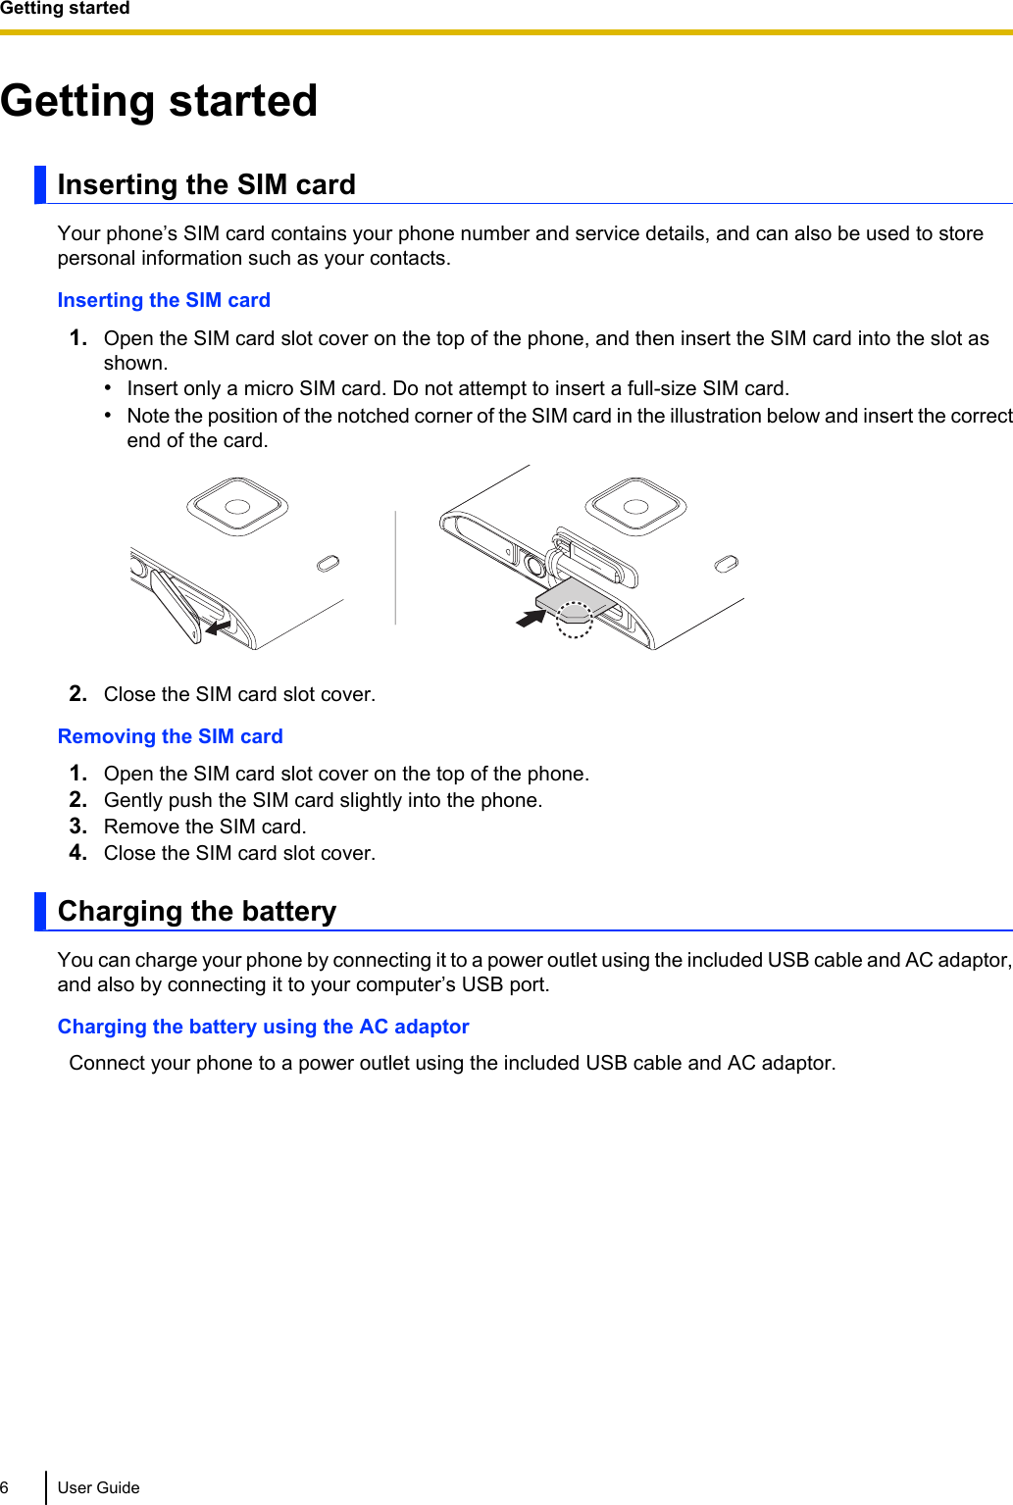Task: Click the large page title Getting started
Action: (159, 101)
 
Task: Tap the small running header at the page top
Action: (65, 9)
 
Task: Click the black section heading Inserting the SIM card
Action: (206, 184)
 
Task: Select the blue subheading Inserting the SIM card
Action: (164, 300)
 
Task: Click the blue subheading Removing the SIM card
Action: (170, 736)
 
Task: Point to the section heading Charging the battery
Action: (196, 911)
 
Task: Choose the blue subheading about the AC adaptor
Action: (263, 1027)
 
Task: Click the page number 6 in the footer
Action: (5, 1487)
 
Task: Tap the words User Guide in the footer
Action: (98, 1487)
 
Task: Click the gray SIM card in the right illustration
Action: (574, 596)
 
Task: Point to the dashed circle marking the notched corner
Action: (575, 620)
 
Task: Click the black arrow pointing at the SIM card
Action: (531, 619)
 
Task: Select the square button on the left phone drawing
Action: (237, 506)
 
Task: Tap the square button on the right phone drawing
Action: (635, 506)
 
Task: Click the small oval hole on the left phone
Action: (329, 563)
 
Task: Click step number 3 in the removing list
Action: (78, 827)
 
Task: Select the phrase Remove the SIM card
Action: (205, 827)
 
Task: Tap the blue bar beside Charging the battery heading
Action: (40, 911)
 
